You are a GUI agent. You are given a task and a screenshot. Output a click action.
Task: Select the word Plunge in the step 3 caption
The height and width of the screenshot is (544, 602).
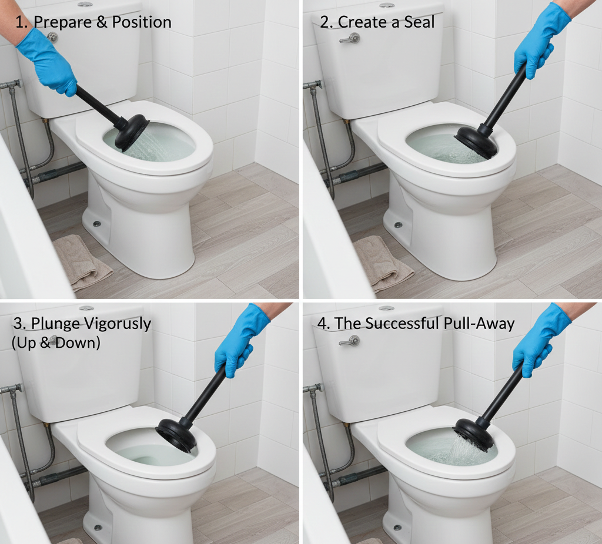[58, 324]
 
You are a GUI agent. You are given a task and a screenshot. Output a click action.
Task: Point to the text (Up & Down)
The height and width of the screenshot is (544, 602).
[56, 342]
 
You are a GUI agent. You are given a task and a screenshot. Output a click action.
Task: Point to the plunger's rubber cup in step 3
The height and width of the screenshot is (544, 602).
[176, 435]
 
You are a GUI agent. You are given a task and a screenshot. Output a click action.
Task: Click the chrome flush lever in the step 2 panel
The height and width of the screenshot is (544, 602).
[350, 38]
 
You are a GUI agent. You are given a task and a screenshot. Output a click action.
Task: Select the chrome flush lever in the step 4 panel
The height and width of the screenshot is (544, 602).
[350, 340]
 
